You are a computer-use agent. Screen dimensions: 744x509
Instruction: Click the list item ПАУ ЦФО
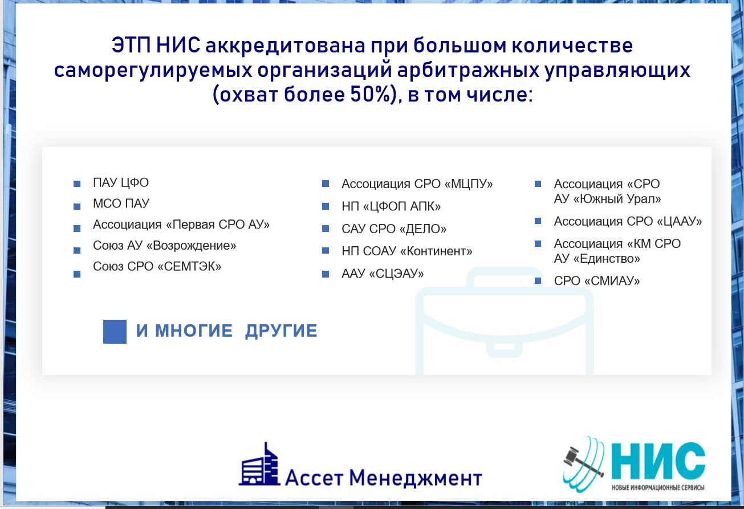pos(121,182)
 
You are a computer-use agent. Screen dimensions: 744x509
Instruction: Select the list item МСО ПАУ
pos(121,203)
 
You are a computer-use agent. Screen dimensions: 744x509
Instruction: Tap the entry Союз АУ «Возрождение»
pos(165,245)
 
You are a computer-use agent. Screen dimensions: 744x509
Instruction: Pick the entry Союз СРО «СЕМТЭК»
pos(157,266)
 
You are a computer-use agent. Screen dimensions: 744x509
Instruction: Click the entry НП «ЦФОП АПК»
pos(391,206)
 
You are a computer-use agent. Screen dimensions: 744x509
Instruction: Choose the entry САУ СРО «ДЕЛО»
pos(395,229)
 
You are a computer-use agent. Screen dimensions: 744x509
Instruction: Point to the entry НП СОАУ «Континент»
pos(407,251)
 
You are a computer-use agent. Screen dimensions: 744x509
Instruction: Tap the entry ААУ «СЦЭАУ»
pos(383,274)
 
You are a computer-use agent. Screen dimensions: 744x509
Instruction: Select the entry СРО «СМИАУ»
pos(597,281)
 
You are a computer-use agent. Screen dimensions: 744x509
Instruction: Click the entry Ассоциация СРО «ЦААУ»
pos(628,221)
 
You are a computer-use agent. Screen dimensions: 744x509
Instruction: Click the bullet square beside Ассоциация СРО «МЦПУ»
pos(326,184)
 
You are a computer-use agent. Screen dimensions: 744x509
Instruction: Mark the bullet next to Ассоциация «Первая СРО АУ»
pos(77,229)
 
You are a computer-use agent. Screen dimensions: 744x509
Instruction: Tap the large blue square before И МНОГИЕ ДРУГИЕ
pos(115,331)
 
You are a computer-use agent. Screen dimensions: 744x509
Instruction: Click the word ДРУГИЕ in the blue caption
pos(281,331)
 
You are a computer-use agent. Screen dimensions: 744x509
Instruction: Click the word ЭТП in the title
pos(131,46)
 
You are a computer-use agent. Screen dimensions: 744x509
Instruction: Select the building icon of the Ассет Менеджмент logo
pos(259,464)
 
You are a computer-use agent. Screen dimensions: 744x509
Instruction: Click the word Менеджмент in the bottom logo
pos(415,478)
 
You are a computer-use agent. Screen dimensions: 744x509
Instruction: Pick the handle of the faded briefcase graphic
pos(504,277)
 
